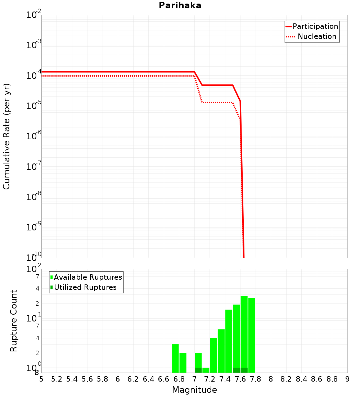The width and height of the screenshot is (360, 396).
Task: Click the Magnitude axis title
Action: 194,390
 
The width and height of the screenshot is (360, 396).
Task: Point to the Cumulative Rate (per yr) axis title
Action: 6,136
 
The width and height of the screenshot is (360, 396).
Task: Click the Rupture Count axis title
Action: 14,321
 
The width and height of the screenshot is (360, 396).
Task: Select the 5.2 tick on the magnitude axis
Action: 57,379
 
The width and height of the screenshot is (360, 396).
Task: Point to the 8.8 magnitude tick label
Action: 332,379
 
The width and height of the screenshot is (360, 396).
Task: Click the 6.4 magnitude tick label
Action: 148,379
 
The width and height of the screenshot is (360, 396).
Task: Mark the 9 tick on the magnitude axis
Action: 347,379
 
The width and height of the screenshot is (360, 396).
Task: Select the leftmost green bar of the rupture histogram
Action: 175,358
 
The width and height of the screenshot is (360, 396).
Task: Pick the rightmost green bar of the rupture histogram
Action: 252,335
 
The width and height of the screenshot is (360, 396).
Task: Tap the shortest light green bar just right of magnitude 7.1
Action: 206,370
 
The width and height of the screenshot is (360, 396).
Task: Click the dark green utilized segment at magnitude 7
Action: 198,370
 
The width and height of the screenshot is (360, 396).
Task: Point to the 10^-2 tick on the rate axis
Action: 34,15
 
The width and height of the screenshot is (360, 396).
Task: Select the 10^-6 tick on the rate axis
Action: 34,136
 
